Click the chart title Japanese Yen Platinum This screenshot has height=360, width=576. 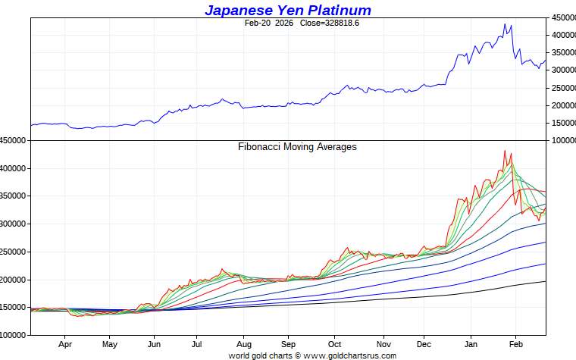[x=288, y=10]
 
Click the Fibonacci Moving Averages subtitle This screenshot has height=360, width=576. [x=297, y=147]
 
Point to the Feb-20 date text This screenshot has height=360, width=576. [x=258, y=23]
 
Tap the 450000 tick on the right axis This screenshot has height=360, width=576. [x=562, y=17]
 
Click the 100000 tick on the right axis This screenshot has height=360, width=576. [x=562, y=141]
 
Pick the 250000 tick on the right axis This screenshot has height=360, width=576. [x=562, y=88]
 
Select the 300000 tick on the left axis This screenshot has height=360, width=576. [x=14, y=224]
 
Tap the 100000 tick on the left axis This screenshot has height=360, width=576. [x=14, y=335]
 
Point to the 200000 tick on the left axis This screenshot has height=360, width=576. [x=14, y=280]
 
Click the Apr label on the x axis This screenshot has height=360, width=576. [x=64, y=343]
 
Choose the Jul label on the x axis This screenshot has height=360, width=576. [x=196, y=343]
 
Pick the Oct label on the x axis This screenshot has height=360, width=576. [x=333, y=343]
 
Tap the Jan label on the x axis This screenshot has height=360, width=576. [x=471, y=343]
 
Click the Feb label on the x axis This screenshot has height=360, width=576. [x=516, y=343]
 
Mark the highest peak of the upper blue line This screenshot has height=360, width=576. [x=506, y=23]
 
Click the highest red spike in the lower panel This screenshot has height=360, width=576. [x=505, y=150]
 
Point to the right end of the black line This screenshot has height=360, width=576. [x=545, y=281]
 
